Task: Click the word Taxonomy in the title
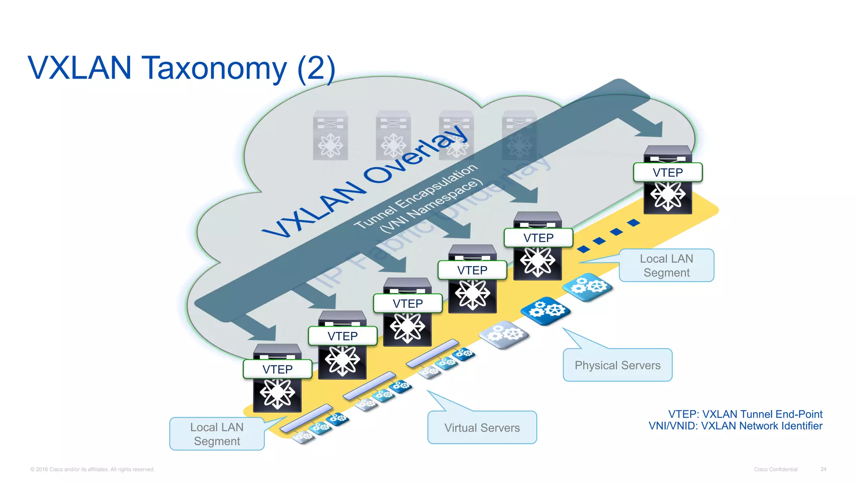[x=214, y=68]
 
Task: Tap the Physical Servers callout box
[x=617, y=365]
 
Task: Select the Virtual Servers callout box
[x=482, y=428]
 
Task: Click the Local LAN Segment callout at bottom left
[x=217, y=434]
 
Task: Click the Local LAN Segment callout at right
[x=666, y=266]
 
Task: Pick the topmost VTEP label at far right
[x=667, y=172]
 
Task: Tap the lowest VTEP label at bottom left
[x=277, y=369]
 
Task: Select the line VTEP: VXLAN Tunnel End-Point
[x=745, y=414]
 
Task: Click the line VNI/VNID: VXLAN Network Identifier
[x=735, y=426]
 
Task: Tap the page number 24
[x=823, y=469]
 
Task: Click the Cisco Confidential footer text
[x=775, y=469]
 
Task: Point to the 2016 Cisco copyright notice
[x=92, y=469]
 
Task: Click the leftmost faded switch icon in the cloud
[x=331, y=135]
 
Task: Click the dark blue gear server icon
[x=546, y=310]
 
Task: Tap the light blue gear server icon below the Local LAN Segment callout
[x=588, y=287]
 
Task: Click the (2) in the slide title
[x=316, y=68]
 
